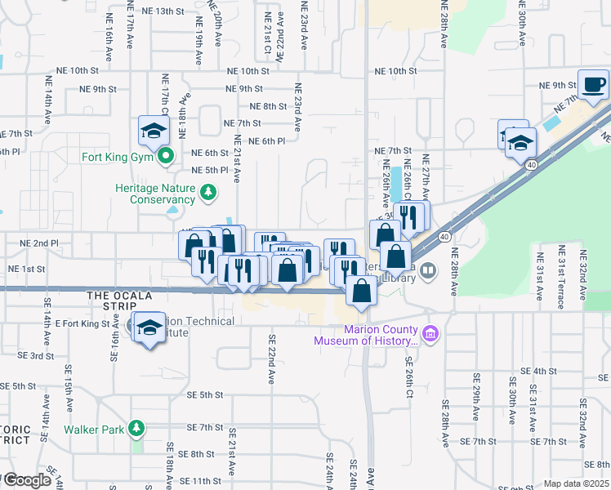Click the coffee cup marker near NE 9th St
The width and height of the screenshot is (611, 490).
[x=594, y=84]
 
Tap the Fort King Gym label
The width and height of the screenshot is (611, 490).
[x=118, y=157]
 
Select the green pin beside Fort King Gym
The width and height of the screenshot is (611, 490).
[x=166, y=156]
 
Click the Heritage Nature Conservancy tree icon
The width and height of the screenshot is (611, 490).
[x=209, y=193]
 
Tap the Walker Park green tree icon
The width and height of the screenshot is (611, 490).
[x=137, y=428]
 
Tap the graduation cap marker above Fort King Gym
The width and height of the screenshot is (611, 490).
[x=153, y=130]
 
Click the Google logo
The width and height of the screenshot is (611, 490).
[x=26, y=480]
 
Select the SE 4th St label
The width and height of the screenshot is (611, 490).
[x=537, y=371]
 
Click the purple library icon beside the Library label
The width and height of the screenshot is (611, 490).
[x=429, y=270]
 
